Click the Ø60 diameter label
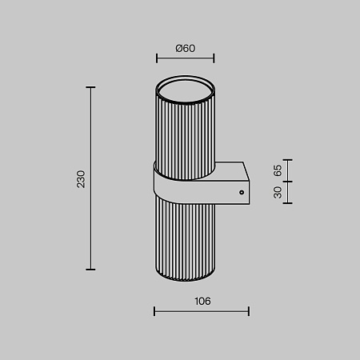pos(186,48)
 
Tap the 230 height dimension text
pos(81,179)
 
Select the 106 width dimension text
pos(202,302)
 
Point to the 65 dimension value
pos(278,170)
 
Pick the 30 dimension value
pos(278,192)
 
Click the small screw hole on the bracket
pos(242,192)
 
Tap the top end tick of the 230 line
pos(90,87)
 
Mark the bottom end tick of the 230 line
pos(90,270)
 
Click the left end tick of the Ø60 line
pos(157,58)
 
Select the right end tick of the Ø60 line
pos(214,58)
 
